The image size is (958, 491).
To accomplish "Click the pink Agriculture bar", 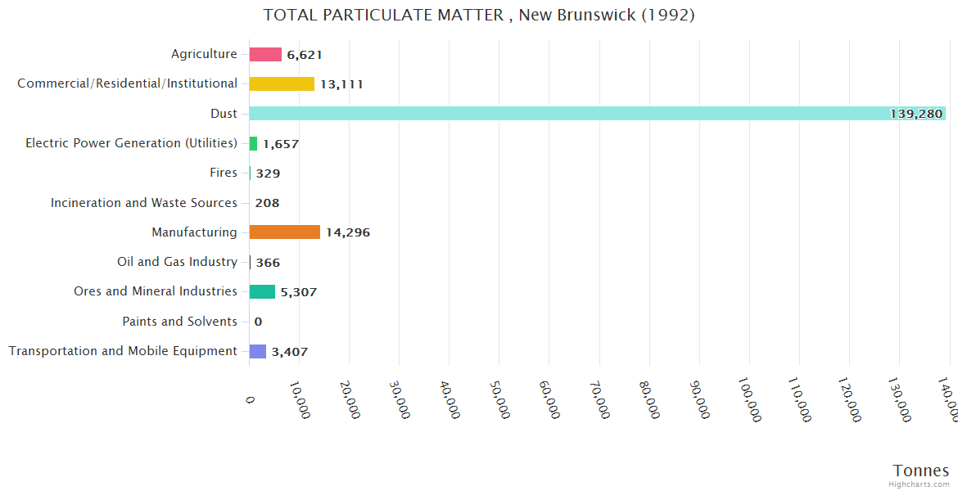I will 265,54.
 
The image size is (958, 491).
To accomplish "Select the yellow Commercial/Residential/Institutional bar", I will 282,83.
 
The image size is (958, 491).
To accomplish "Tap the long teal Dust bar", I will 573,114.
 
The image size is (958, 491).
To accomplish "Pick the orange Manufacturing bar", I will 284,232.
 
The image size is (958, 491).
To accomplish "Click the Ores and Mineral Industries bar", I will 262,292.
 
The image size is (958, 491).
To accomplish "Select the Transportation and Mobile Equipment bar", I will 258,351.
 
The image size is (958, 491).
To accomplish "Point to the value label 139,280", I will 915,114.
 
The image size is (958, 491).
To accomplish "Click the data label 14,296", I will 348,232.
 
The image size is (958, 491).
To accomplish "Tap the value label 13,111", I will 341,84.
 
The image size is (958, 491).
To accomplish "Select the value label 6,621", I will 305,55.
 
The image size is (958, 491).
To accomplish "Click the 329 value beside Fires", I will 268,173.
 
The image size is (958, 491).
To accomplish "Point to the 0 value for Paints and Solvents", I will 258,322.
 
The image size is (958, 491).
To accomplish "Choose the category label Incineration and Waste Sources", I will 144,203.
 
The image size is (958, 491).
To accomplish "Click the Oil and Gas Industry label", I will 177,262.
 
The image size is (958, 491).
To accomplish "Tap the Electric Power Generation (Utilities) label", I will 131,143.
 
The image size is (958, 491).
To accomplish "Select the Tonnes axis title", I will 920,471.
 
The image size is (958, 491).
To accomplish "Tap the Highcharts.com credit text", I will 920,484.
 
